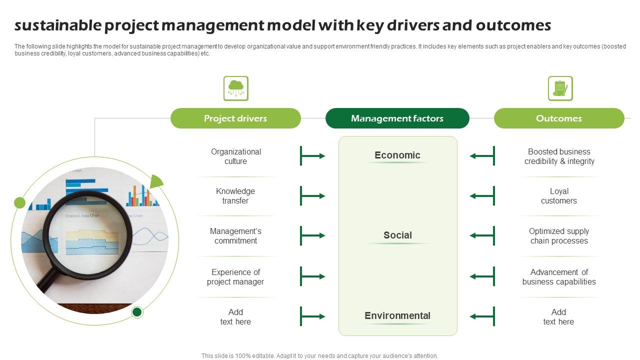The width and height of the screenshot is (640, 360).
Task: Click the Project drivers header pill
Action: [x=235, y=118]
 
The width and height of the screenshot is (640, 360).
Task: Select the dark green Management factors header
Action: [x=397, y=118]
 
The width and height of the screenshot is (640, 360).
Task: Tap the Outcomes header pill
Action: [x=558, y=118]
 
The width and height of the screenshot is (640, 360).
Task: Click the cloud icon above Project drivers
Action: [x=235, y=88]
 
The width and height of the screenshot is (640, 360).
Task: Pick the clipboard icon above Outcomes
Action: [x=560, y=88]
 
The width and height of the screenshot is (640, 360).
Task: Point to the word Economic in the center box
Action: [x=397, y=155]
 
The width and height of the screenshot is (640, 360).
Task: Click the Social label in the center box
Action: [x=397, y=235]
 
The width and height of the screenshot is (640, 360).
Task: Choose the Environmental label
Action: [x=397, y=315]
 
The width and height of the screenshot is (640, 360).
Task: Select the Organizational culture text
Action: [x=235, y=156]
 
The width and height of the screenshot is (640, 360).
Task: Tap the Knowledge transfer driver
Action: [x=235, y=196]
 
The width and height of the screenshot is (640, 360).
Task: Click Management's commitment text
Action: [x=235, y=236]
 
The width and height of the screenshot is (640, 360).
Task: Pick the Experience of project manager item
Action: [x=235, y=277]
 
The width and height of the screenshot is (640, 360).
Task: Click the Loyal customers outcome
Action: [x=558, y=196]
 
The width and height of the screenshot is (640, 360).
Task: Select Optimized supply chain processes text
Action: [x=558, y=236]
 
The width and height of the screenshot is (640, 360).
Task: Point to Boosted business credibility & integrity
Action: [x=559, y=156]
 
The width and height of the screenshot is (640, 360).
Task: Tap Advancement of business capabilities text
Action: [x=558, y=277]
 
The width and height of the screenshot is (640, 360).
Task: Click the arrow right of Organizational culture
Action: [x=312, y=156]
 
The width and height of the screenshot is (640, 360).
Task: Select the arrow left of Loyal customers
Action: [x=482, y=196]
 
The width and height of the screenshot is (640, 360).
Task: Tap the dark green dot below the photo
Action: [x=137, y=312]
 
